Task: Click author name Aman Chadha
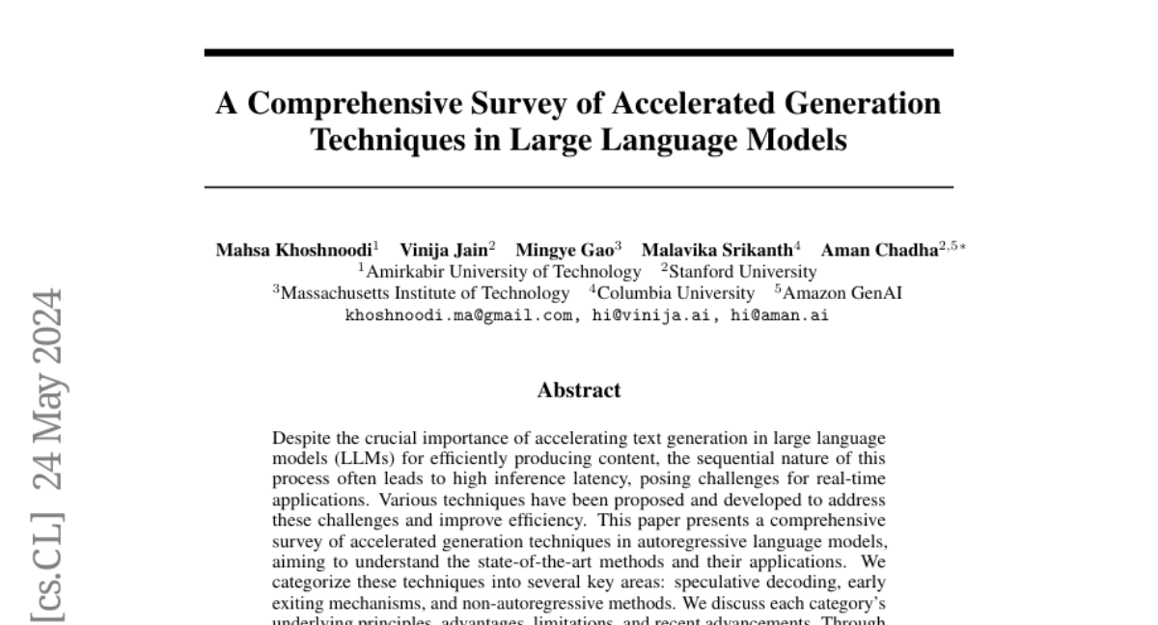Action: pyautogui.click(x=878, y=251)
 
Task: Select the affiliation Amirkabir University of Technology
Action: pyautogui.click(x=503, y=272)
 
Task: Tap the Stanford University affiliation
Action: pyautogui.click(x=742, y=272)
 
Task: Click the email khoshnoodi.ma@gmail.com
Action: pyautogui.click(x=458, y=314)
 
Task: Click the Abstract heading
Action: pyautogui.click(x=579, y=391)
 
